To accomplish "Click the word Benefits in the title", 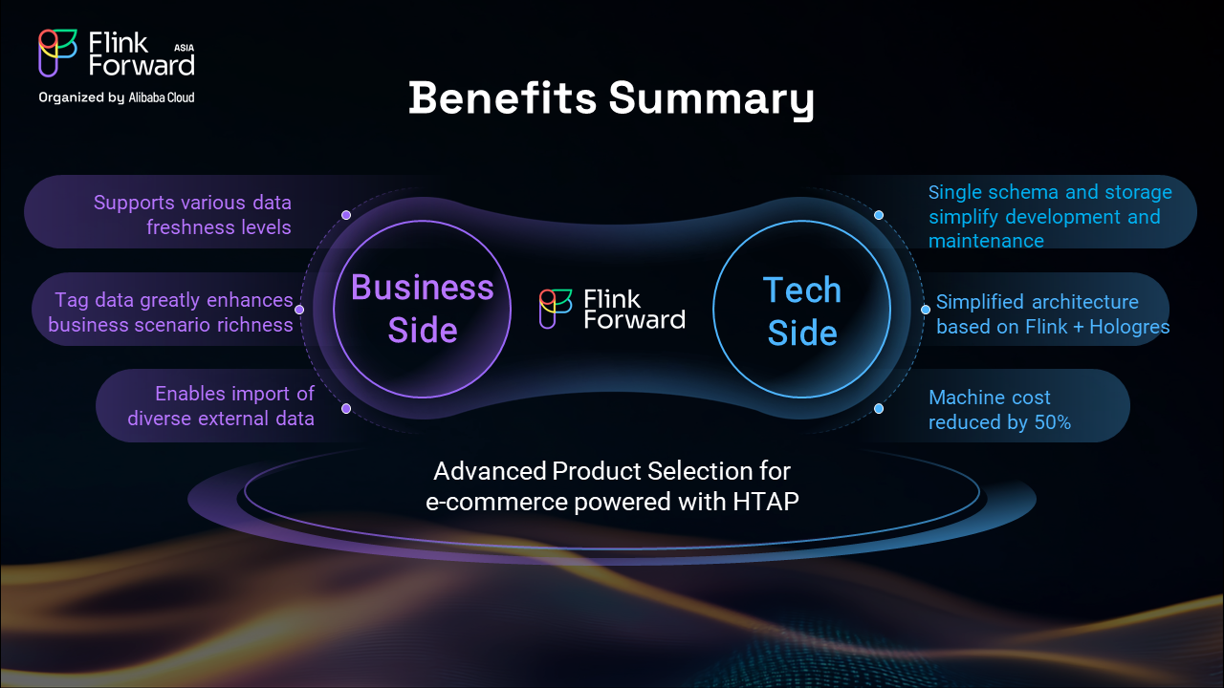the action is pyautogui.click(x=503, y=98).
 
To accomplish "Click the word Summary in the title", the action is pyautogui.click(x=711, y=100).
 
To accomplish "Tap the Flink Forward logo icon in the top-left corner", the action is pyautogui.click(x=57, y=53).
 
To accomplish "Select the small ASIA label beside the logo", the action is pyautogui.click(x=185, y=48).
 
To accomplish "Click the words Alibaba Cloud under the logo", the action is pyautogui.click(x=162, y=97).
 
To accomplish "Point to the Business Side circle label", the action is pyautogui.click(x=423, y=309).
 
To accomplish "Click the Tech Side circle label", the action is pyautogui.click(x=802, y=312).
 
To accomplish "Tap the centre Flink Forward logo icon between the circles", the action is pyautogui.click(x=556, y=309).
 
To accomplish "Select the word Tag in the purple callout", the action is pyautogui.click(x=72, y=301).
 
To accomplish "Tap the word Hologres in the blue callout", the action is pyautogui.click(x=1129, y=327).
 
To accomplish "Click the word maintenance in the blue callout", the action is pyautogui.click(x=986, y=241).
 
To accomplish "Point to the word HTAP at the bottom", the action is pyautogui.click(x=766, y=502).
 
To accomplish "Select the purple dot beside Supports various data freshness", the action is pyautogui.click(x=346, y=215).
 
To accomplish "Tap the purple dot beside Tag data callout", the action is pyautogui.click(x=299, y=310).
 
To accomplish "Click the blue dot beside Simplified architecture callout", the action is pyautogui.click(x=926, y=310).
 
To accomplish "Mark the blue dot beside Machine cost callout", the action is pyautogui.click(x=879, y=408).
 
